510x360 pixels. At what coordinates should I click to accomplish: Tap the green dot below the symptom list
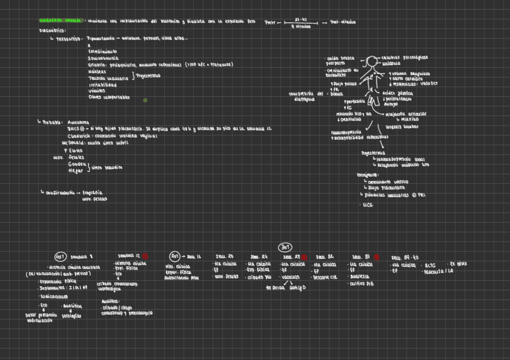point(145,100)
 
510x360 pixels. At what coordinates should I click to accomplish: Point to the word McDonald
point(74,143)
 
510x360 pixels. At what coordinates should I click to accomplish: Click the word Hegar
point(76,171)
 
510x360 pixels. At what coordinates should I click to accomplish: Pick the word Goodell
point(77,164)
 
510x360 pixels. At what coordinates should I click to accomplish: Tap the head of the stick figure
point(372,61)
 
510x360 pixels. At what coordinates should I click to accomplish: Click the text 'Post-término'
point(343,22)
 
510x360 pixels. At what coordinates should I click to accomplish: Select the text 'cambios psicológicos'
point(404,58)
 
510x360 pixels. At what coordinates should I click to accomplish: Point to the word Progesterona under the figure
point(373,153)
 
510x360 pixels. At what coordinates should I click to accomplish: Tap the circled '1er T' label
point(60,255)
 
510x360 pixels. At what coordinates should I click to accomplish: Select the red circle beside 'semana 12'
point(145,255)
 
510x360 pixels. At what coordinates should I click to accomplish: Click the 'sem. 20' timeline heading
point(224,257)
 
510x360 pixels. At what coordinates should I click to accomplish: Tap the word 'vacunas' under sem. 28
point(290,277)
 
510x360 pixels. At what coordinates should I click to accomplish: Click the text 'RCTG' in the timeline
point(430,264)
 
